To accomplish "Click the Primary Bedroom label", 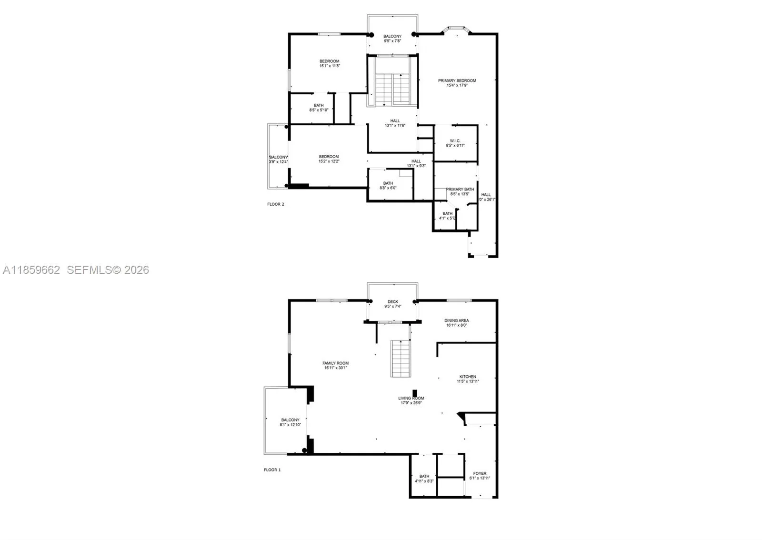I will [x=457, y=81].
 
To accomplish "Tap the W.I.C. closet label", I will [x=455, y=141].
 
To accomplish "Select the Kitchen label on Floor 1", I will [x=468, y=377].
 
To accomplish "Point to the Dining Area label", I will [x=457, y=321].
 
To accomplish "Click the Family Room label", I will [x=336, y=363].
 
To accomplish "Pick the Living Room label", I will [x=411, y=399].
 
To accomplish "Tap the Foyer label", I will [x=480, y=474].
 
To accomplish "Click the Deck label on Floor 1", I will [x=393, y=302].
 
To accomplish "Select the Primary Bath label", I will [x=460, y=190].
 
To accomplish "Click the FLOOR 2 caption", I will [x=275, y=204].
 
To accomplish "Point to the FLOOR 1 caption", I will [x=272, y=470].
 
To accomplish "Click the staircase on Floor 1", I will [x=401, y=359].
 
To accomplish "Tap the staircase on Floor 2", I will [x=392, y=89].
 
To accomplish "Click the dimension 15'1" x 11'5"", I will [x=330, y=66].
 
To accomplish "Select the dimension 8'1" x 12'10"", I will [x=290, y=425].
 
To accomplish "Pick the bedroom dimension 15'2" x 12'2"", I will [x=329, y=161].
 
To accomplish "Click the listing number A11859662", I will [x=31, y=270].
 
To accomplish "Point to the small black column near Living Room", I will [x=415, y=393].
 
